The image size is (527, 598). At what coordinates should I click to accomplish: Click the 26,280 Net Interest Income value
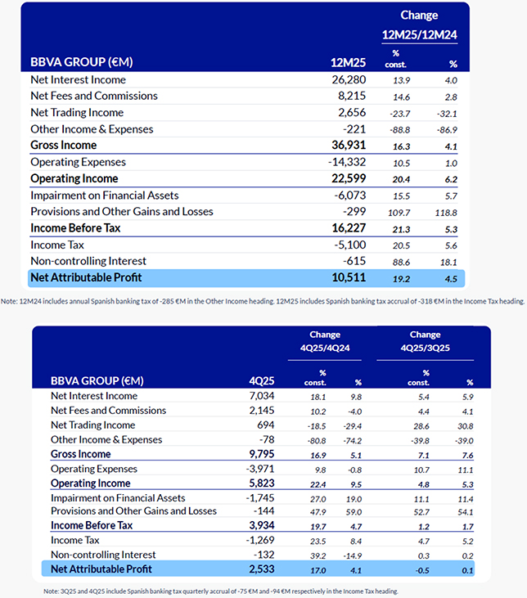(349, 80)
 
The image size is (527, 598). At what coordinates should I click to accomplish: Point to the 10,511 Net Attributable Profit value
(349, 278)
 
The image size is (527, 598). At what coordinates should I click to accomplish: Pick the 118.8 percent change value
(447, 212)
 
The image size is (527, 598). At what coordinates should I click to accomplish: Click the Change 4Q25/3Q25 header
(426, 341)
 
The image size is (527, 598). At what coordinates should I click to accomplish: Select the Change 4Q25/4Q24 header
(325, 341)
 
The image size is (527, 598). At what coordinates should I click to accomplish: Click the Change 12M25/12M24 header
(419, 25)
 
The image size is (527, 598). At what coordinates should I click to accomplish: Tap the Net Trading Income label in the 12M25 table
(77, 113)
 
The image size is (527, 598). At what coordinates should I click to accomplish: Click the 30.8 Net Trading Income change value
(465, 425)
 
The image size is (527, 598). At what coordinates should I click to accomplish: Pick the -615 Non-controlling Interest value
(354, 261)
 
